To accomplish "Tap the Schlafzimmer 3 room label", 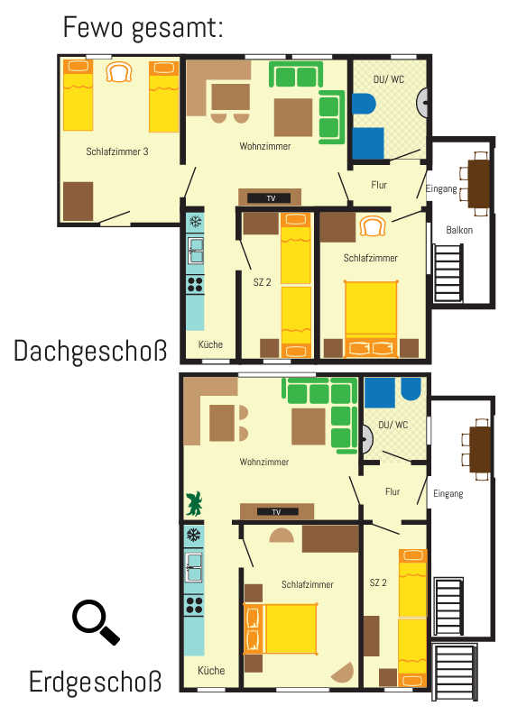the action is point(116,151).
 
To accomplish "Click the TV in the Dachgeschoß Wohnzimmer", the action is point(269,198).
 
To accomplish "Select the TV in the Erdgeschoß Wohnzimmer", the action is point(277,512).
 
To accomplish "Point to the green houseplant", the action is point(194,503).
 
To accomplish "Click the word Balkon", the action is point(459,230).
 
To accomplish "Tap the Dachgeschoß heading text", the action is point(90,351).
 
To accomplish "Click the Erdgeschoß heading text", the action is point(96,682).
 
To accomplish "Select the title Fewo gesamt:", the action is point(143,27).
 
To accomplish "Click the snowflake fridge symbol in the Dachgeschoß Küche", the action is point(195,222).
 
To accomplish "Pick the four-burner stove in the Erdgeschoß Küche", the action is point(194,605).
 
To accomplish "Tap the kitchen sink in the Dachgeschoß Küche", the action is point(195,251).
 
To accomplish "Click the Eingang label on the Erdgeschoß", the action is point(448,493).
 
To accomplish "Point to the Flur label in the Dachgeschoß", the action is point(379,185).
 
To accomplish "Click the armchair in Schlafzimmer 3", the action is point(119,72).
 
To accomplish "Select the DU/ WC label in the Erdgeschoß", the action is point(393,425).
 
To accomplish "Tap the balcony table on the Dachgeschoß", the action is point(479,183).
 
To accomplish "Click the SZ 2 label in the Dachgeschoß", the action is point(262,282).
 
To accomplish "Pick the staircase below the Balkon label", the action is point(448,273).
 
